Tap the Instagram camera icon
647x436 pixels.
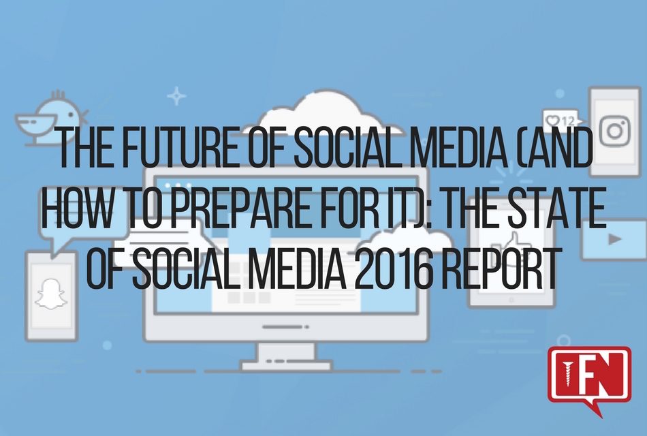615,127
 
